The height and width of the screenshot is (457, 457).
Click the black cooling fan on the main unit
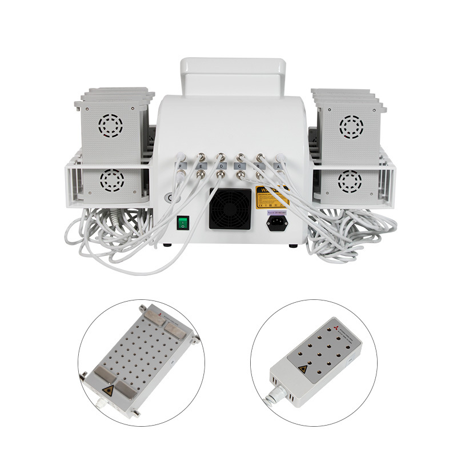(x=230, y=209)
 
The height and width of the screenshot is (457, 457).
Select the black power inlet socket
(x=277, y=222)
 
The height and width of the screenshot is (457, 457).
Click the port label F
(x=182, y=167)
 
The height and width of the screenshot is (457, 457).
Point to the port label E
(x=201, y=167)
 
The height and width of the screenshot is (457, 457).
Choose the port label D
(x=221, y=167)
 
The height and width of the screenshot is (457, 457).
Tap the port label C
(x=240, y=167)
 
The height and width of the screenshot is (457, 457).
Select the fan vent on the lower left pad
(x=111, y=181)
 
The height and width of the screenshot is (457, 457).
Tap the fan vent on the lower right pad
(x=349, y=182)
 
